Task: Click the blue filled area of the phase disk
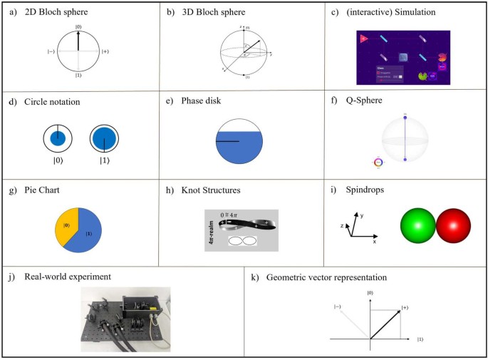239,150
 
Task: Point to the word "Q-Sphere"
367,102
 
